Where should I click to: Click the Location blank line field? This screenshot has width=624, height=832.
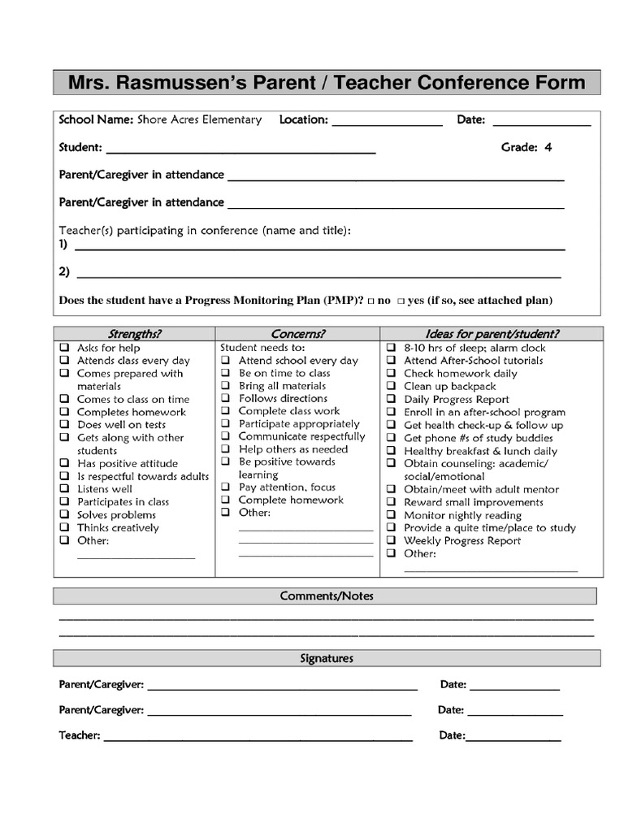(x=387, y=122)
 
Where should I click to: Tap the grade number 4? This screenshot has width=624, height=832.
(x=548, y=147)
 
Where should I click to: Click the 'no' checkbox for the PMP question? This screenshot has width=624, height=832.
(x=370, y=301)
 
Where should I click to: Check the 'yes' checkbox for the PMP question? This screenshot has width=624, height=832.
(x=401, y=301)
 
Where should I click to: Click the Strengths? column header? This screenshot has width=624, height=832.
(x=135, y=333)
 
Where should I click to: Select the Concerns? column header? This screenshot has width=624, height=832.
(x=297, y=333)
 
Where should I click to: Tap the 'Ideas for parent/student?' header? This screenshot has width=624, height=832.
(x=492, y=333)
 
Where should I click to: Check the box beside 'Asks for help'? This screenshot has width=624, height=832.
(x=63, y=348)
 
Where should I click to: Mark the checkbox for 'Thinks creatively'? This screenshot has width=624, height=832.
(x=63, y=528)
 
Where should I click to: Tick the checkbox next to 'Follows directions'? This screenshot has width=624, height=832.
(x=226, y=399)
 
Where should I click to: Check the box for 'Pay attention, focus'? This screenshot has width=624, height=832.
(x=226, y=487)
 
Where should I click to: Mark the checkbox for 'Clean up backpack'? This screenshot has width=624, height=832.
(x=391, y=387)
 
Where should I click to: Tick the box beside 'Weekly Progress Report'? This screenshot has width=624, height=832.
(x=391, y=540)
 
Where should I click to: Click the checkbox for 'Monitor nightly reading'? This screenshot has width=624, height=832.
(x=391, y=515)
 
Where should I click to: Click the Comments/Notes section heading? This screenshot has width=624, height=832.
(x=327, y=596)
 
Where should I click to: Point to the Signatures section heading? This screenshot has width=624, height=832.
(x=327, y=658)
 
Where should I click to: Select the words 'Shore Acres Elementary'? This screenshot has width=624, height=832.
(x=199, y=119)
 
